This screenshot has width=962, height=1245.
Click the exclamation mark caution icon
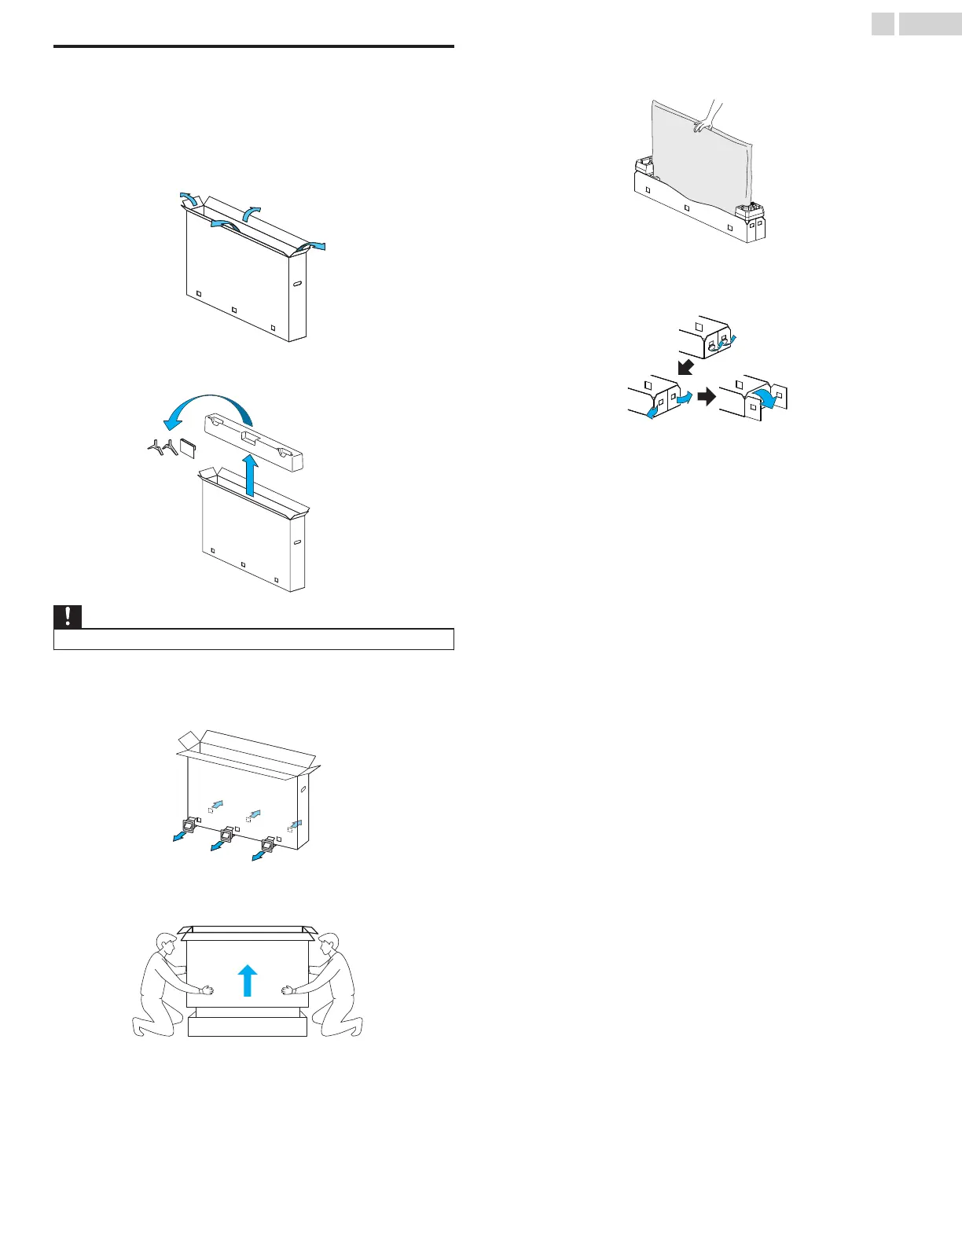pyautogui.click(x=68, y=617)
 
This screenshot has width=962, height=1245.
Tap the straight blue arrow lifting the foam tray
pyautogui.click(x=251, y=475)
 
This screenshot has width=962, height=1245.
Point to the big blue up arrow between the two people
pyautogui.click(x=248, y=980)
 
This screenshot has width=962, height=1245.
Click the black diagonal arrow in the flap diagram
pyautogui.click(x=685, y=366)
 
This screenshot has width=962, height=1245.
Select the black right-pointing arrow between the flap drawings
pyautogui.click(x=707, y=397)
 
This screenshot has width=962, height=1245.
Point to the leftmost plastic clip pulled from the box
pyautogui.click(x=188, y=826)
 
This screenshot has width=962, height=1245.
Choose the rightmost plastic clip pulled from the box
pyautogui.click(x=266, y=846)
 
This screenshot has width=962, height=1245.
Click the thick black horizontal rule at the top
pyautogui.click(x=254, y=46)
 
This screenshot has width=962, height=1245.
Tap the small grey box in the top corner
pyautogui.click(x=883, y=25)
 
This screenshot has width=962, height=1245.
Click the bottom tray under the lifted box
pyautogui.click(x=248, y=1025)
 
